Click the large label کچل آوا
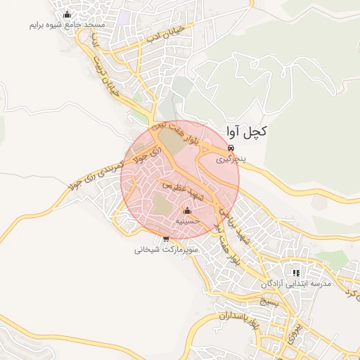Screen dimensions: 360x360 [247, 131]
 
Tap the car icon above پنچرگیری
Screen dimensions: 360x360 [231, 148]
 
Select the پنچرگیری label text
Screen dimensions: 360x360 [231, 160]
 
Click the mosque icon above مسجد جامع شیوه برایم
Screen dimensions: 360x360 [67, 14]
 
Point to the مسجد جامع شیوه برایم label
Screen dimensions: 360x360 [67, 25]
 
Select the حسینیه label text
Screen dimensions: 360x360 [187, 221]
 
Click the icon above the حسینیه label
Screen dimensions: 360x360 [187, 210]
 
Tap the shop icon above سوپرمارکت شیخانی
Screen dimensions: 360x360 [166, 239]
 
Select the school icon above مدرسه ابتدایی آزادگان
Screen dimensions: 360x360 [296, 272]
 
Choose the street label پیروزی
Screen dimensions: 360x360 [295, 327]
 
